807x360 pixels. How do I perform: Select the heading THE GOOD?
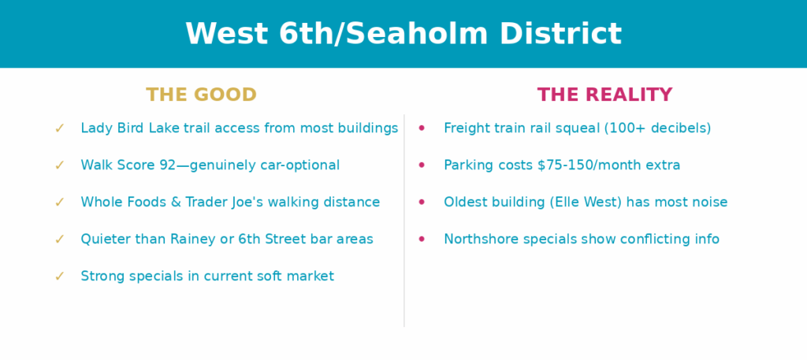201,95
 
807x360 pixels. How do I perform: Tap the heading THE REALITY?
604,95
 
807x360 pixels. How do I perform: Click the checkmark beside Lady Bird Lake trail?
60,128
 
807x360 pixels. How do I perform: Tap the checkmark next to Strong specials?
60,276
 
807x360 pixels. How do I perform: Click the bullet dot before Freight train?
422,128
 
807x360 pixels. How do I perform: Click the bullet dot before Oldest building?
422,202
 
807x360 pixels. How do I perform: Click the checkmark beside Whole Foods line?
60,202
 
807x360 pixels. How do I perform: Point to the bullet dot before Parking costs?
422,165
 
